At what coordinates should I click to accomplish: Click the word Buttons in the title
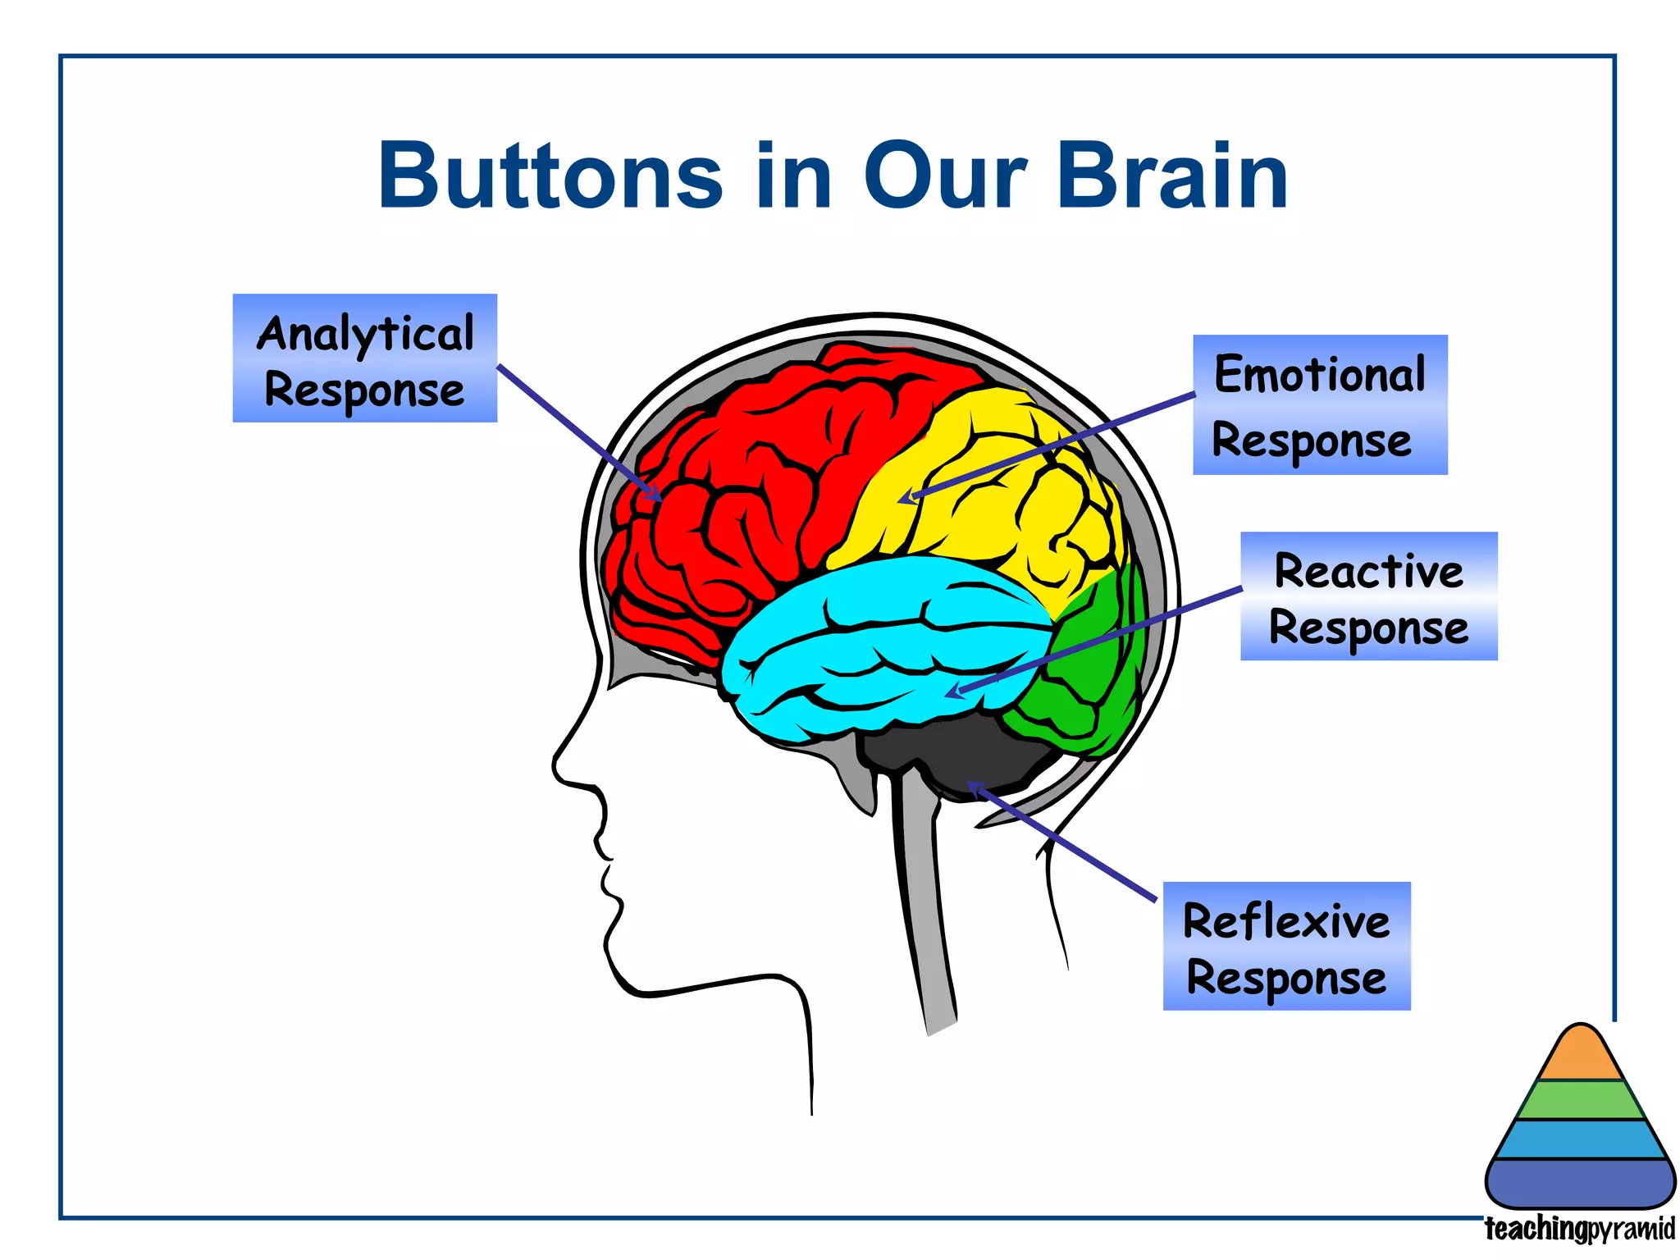[x=550, y=176]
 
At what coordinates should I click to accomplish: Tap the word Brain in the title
[x=1172, y=176]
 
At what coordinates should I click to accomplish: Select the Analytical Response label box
[x=365, y=358]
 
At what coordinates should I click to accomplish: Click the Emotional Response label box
[x=1320, y=404]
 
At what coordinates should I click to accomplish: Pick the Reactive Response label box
[x=1368, y=596]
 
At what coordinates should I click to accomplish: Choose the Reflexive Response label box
[x=1286, y=946]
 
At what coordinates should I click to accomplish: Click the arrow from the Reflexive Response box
[x=1066, y=845]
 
